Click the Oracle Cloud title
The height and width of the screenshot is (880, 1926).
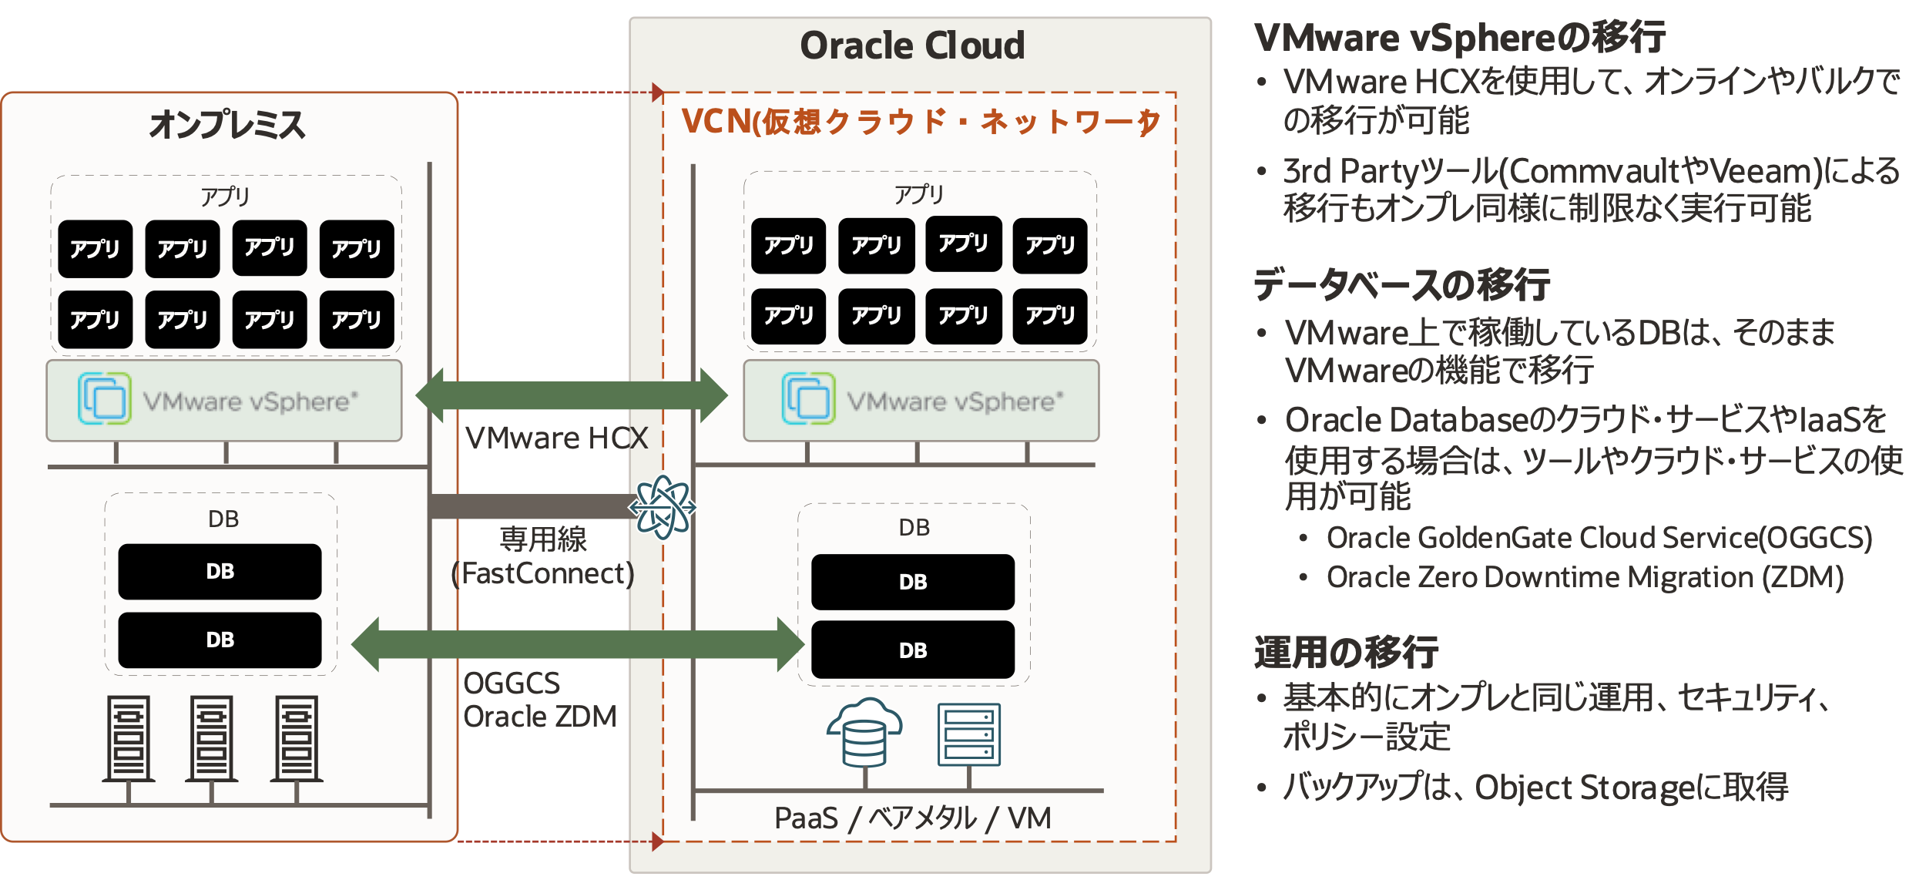point(912,45)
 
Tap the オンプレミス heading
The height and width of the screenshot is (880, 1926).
point(227,124)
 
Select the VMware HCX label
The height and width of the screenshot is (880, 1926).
point(556,438)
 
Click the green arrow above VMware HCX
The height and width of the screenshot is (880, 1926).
point(571,395)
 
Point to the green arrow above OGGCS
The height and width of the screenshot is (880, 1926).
point(578,644)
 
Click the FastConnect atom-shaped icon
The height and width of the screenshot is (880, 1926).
point(662,507)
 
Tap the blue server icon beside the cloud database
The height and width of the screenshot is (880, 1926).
point(968,734)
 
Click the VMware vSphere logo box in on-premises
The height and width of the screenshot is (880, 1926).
point(224,401)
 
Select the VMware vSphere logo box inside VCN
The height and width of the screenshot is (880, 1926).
point(921,401)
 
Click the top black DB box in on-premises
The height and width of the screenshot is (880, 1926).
point(220,572)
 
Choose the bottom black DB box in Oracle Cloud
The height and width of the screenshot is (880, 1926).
point(913,650)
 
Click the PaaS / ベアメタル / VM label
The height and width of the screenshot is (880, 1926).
point(912,818)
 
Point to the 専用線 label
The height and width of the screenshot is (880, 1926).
point(542,539)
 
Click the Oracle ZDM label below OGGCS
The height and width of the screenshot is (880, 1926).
point(540,717)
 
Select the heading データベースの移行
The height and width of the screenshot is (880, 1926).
point(1401,284)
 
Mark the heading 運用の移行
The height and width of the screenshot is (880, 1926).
point(1346,652)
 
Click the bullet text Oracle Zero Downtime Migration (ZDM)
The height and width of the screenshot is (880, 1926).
point(1585,577)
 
